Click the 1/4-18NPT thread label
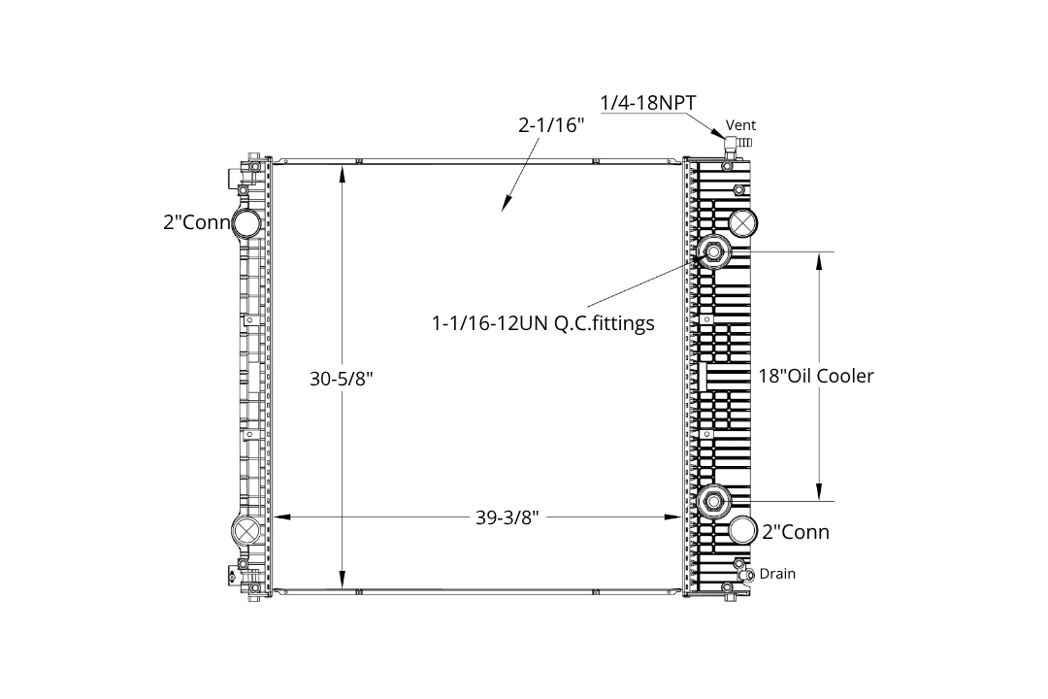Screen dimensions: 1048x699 coord(647,103)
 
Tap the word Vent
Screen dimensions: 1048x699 coord(740,125)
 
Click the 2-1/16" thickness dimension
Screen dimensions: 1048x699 coord(551,125)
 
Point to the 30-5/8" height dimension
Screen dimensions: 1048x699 coord(341,380)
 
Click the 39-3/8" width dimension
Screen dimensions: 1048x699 coord(508,517)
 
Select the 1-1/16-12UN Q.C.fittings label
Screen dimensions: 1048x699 coord(542,323)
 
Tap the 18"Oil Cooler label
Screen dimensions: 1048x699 coord(815,376)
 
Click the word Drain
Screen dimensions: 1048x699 coord(777,574)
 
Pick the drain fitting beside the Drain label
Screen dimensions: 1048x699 coord(747,575)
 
